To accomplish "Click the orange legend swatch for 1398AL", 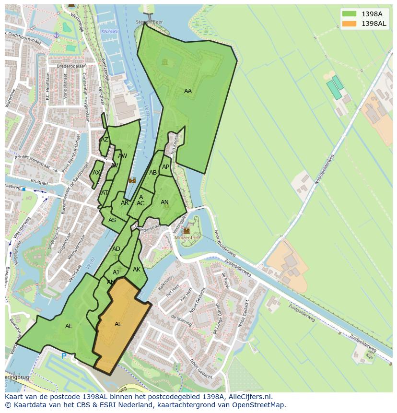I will pos(349,24).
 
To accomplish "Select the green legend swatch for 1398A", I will pos(349,14).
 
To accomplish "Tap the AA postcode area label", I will pos(187,91).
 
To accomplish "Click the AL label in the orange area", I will pos(118,324).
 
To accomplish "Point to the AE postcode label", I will pos(69,326).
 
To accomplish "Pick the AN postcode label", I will pos(164,202).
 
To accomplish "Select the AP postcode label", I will pos(165,167).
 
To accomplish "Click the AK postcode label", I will pos(137,270).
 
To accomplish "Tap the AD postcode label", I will pos(116,249).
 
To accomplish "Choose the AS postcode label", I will pos(112,220).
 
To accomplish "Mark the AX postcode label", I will pos(96,173).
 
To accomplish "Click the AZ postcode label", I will pos(104,140).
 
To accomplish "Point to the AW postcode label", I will pos(122,156).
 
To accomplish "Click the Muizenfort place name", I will pos(187,237).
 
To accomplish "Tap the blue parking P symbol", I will pos(64,356).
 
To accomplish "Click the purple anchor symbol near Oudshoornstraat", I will pos(56,35).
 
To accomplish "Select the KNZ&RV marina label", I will pos(109,32).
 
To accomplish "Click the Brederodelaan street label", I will pos(71,66).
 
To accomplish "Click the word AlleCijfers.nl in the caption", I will pos(249,397).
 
